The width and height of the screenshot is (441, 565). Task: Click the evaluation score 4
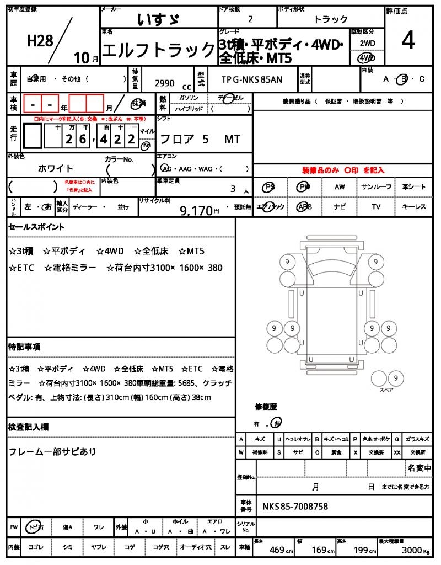coord(408,41)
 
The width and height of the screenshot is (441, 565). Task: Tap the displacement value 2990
coord(165,83)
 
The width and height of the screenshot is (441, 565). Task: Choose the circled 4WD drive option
coord(366,57)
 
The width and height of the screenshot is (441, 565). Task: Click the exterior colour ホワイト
coord(56,168)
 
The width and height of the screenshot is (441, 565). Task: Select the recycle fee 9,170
coord(195,210)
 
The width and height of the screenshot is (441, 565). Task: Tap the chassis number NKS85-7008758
coord(295,506)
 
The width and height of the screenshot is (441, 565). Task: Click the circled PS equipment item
coord(270,187)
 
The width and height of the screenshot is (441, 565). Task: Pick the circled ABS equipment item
coord(304,207)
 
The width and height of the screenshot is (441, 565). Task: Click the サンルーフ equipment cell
coord(376,187)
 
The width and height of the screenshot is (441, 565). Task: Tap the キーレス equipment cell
coord(414,207)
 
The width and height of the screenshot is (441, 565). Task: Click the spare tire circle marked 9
coord(394,378)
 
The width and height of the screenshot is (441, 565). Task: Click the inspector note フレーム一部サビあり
coord(52,452)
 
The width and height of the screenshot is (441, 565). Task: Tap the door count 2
coord(251,19)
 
